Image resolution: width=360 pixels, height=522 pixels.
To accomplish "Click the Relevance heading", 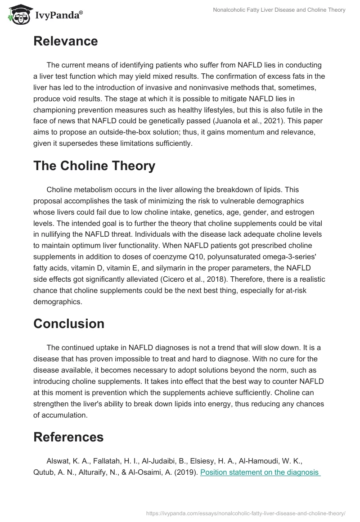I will point(65,41).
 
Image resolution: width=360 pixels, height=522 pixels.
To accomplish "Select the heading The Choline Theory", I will point(94,166).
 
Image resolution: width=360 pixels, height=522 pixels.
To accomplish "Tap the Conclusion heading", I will point(68,324).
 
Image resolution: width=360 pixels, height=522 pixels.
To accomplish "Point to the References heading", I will point(68,436).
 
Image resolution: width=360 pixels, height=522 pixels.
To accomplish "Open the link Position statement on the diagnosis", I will point(260,472).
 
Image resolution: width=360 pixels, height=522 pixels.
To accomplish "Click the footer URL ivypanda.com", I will point(246,513).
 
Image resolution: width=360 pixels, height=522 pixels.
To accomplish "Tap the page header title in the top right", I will point(279,10).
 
